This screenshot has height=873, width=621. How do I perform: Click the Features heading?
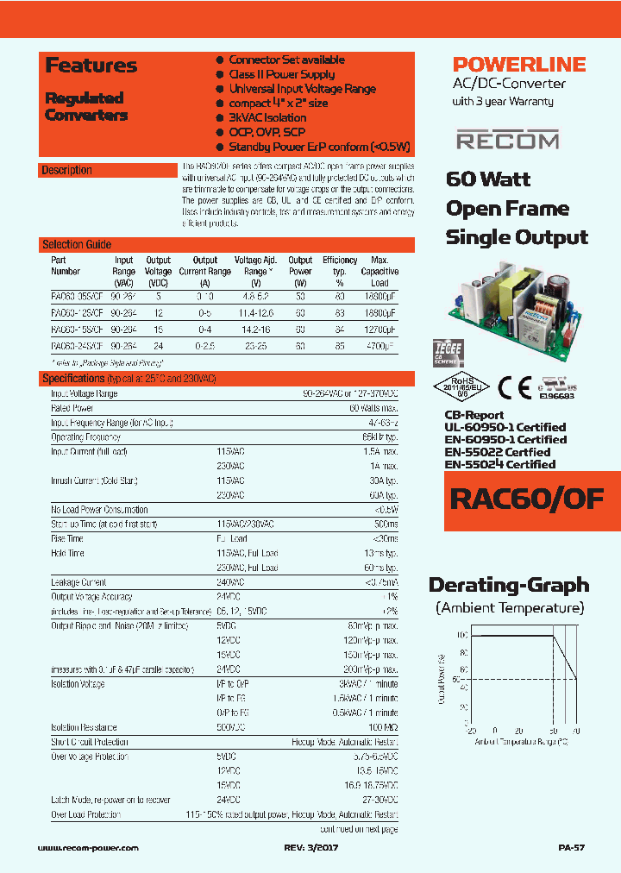point(91,66)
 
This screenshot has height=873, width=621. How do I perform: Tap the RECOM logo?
point(507,140)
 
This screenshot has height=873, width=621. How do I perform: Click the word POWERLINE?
point(519,65)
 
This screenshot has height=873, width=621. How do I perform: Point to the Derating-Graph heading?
point(509,586)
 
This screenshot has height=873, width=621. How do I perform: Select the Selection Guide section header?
point(77,244)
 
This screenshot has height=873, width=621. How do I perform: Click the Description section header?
point(67,170)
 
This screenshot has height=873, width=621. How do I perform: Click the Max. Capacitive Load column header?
point(379,271)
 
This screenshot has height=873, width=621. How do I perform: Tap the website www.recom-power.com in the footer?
point(89,848)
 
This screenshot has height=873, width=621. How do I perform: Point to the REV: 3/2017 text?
point(313,848)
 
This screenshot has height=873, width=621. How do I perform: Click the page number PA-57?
point(571,848)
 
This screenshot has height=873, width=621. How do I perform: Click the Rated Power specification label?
point(72,408)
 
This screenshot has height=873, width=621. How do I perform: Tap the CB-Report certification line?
point(473,415)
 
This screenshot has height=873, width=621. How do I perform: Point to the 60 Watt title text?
point(488,179)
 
